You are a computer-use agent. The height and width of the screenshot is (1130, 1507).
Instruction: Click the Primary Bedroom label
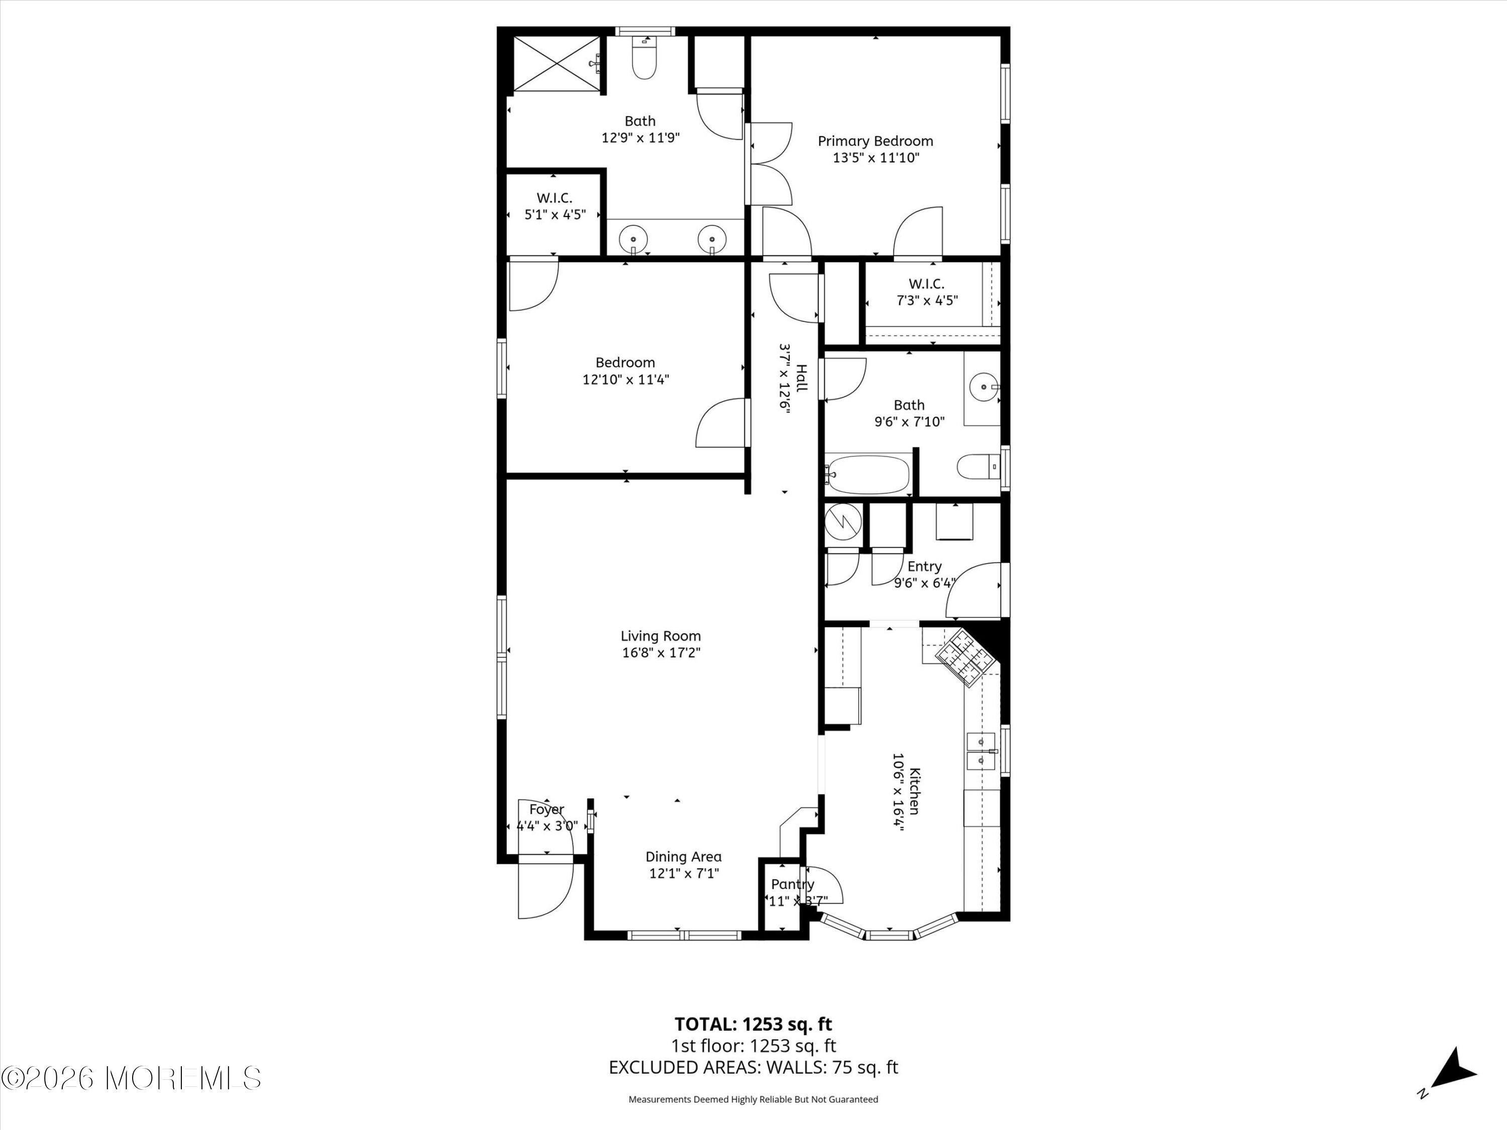876,141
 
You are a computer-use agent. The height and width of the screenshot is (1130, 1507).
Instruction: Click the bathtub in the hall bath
867,475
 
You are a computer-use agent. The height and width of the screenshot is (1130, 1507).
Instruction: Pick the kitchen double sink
982,751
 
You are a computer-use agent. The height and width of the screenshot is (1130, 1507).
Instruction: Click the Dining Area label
683,857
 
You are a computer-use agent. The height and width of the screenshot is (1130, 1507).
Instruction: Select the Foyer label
547,809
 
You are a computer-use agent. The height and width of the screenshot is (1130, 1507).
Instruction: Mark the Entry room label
924,567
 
